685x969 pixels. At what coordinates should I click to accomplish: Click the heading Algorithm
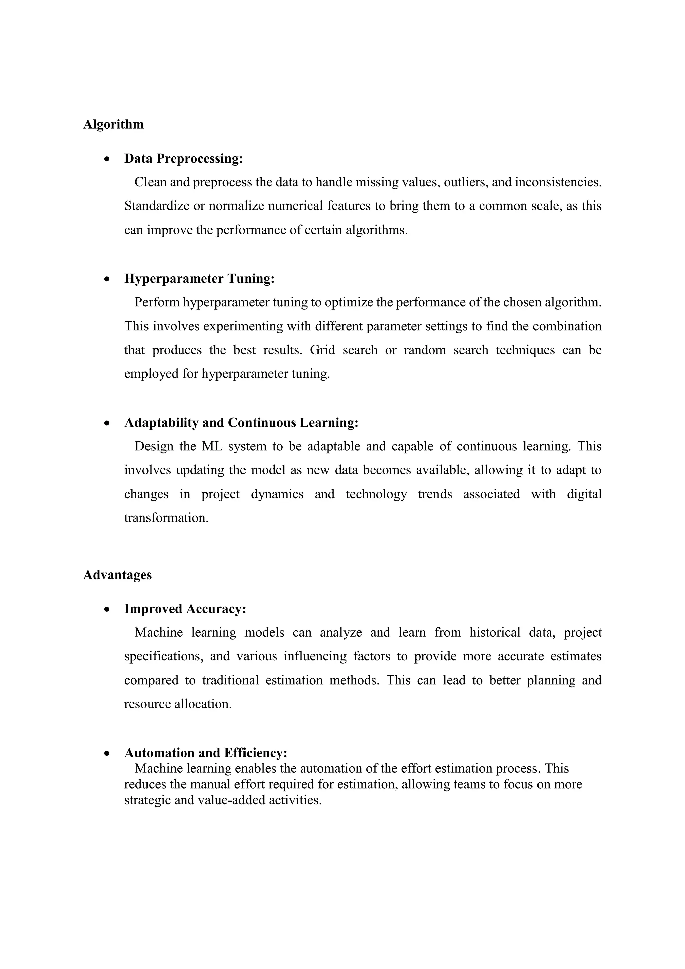(x=113, y=124)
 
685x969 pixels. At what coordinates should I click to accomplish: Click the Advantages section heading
(x=117, y=575)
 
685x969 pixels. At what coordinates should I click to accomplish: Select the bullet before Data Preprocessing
(x=108, y=159)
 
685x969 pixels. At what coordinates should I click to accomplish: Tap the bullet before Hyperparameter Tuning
(x=108, y=279)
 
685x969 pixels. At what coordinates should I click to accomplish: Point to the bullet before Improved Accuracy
(x=108, y=609)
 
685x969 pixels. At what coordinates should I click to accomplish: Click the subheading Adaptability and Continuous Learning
(x=241, y=423)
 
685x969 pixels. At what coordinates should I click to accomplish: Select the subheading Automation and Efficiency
(x=206, y=753)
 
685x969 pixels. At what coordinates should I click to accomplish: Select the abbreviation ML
(x=212, y=446)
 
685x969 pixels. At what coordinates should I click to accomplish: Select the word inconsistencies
(x=558, y=182)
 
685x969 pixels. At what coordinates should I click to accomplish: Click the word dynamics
(x=277, y=494)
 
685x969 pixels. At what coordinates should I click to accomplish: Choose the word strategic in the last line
(x=147, y=800)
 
